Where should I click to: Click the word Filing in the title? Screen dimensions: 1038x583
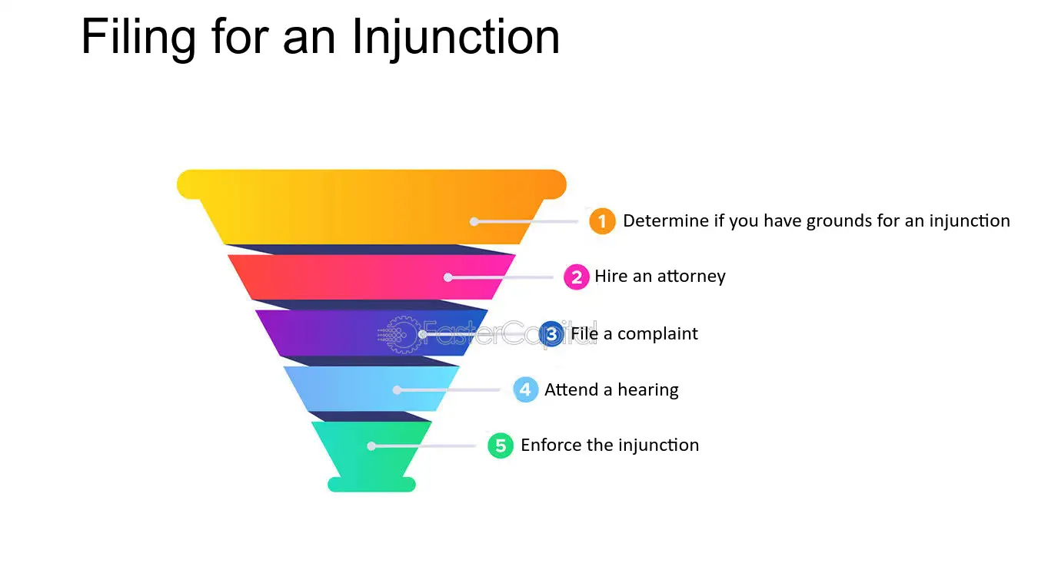[138, 38]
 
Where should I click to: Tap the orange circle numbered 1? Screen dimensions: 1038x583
[602, 221]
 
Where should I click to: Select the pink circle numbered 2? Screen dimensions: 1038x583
[577, 277]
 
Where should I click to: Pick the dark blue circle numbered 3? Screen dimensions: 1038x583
[551, 334]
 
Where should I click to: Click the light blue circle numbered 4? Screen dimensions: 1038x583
[525, 389]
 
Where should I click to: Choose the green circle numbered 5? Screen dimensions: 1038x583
[501, 446]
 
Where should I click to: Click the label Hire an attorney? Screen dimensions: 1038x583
[660, 277]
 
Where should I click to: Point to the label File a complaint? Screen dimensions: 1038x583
[634, 333]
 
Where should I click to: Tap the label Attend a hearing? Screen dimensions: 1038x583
[611, 390]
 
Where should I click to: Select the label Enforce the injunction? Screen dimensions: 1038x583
[610, 445]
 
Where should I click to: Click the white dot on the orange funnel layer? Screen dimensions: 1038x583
[474, 222]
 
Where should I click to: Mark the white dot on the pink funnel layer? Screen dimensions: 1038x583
[447, 277]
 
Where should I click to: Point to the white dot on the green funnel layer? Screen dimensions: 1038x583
[371, 446]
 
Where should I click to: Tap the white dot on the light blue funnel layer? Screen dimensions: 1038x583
[397, 390]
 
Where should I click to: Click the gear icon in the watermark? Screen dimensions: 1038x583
[401, 334]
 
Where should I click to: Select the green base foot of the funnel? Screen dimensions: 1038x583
[371, 485]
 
